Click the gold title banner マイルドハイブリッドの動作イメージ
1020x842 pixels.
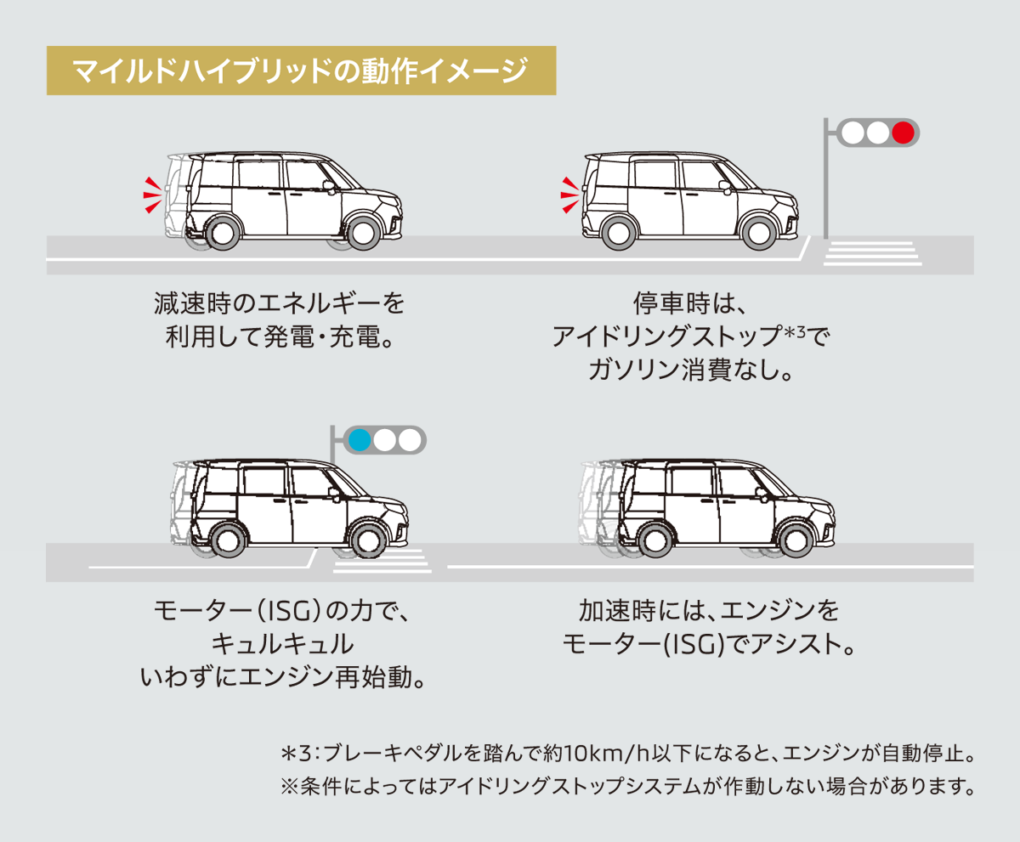click(301, 71)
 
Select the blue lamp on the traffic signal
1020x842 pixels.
click(360, 440)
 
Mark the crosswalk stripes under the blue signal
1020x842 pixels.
click(380, 562)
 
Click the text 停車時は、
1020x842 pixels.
click(688, 302)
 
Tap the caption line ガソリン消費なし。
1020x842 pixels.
click(688, 370)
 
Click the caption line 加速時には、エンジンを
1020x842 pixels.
click(708, 610)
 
